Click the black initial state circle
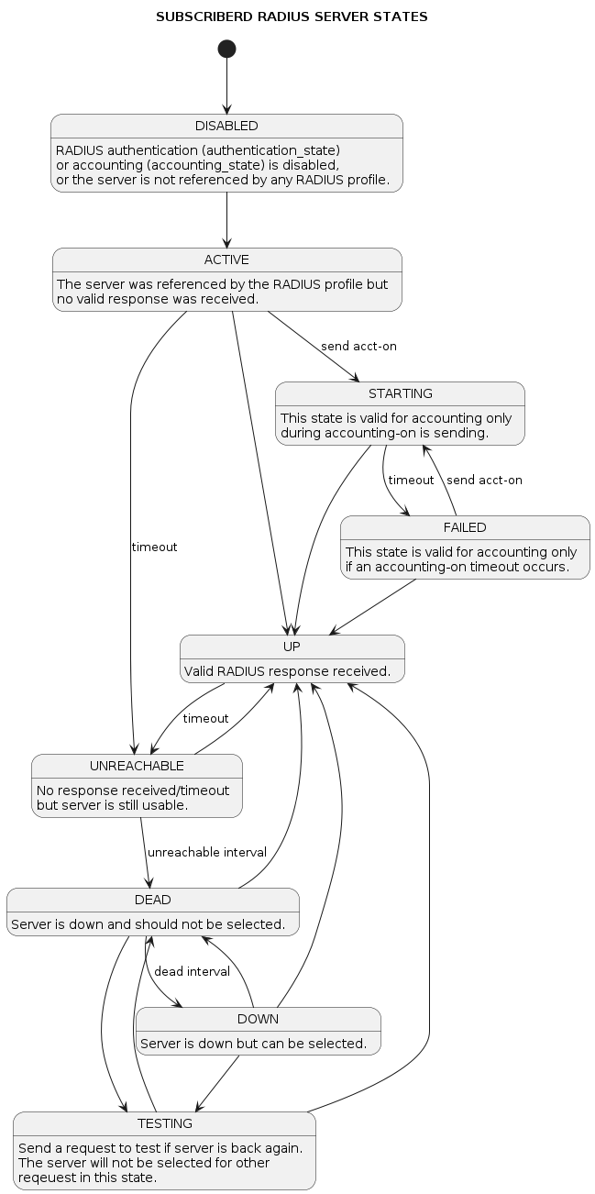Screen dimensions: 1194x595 click(x=226, y=49)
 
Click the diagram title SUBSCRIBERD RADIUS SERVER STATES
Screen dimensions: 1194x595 click(x=292, y=17)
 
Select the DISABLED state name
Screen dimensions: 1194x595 click(x=226, y=126)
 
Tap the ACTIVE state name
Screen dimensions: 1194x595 click(x=226, y=260)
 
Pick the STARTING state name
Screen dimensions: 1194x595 click(x=400, y=393)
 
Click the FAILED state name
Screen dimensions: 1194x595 click(x=465, y=527)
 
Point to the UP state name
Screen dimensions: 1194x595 click(x=292, y=647)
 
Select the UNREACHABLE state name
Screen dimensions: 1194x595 click(x=137, y=766)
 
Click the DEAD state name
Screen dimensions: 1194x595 click(x=153, y=900)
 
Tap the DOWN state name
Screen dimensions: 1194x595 click(x=258, y=1019)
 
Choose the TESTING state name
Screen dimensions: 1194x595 click(x=165, y=1123)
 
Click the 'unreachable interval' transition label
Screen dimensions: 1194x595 click(x=207, y=852)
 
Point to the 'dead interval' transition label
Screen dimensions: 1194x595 click(x=192, y=971)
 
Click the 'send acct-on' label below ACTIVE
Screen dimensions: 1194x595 click(x=358, y=346)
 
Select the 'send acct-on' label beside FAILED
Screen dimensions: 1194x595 click(x=484, y=480)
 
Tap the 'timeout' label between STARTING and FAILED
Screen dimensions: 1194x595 click(x=411, y=480)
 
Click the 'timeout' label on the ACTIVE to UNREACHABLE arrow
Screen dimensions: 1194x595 click(x=154, y=547)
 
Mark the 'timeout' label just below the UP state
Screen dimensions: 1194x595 click(x=205, y=718)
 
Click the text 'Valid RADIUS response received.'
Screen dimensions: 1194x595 click(x=288, y=671)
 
